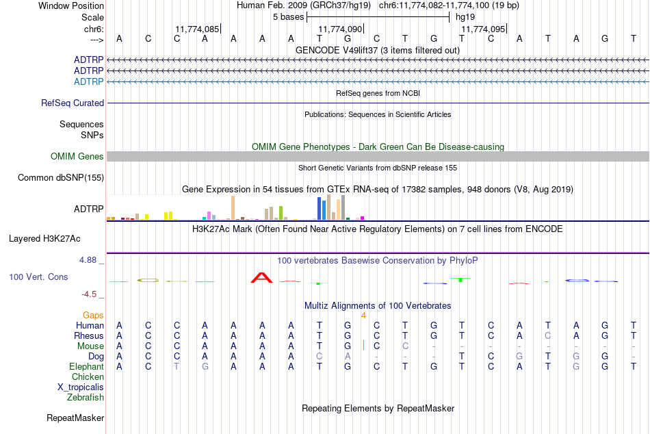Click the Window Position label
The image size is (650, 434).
click(71, 5)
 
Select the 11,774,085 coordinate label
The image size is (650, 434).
click(197, 29)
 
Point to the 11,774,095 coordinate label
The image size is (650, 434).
click(483, 29)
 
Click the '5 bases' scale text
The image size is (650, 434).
click(288, 17)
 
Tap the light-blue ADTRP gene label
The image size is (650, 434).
click(89, 81)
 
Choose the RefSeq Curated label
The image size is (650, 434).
click(73, 103)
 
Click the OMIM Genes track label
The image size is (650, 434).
click(77, 157)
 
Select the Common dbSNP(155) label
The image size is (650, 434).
click(61, 177)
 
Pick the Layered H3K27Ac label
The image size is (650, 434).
click(44, 239)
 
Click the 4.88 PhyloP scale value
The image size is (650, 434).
click(88, 260)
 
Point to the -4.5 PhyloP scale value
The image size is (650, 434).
click(89, 294)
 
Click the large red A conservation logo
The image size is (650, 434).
click(261, 277)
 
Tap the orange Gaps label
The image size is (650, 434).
click(93, 316)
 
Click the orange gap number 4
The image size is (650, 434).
click(363, 316)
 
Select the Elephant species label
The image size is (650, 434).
click(87, 367)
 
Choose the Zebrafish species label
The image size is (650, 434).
click(86, 398)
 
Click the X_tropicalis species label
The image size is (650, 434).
click(81, 387)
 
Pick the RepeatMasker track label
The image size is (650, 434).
click(75, 418)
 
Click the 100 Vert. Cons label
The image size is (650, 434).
click(38, 277)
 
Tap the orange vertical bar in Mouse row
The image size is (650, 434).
click(363, 345)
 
